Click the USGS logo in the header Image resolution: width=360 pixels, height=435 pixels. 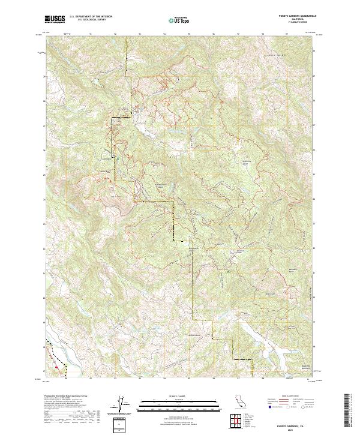[54, 19]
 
